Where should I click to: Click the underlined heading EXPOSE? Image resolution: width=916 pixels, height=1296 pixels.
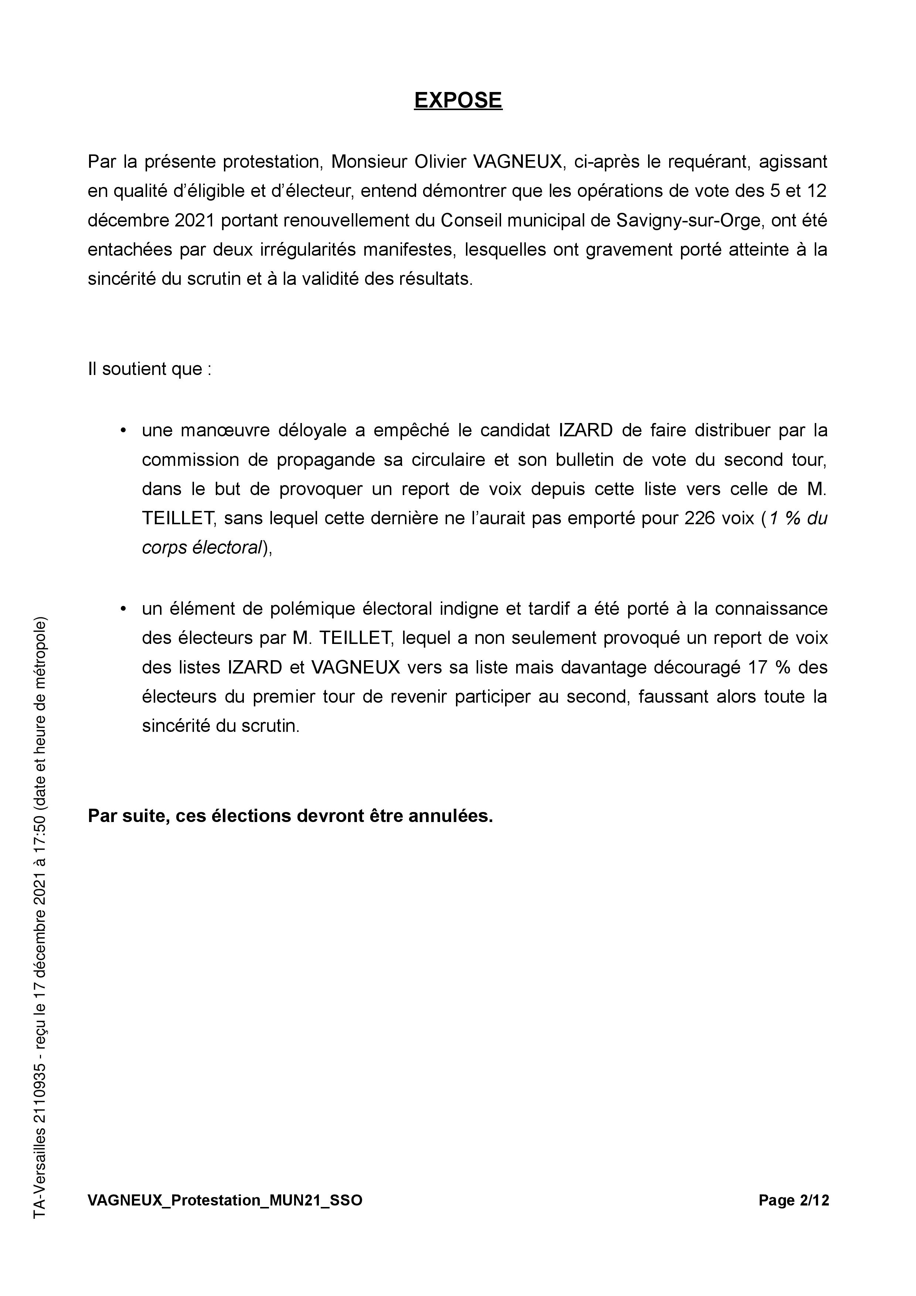tap(458, 100)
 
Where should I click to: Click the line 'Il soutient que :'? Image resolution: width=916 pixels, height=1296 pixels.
tap(150, 369)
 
